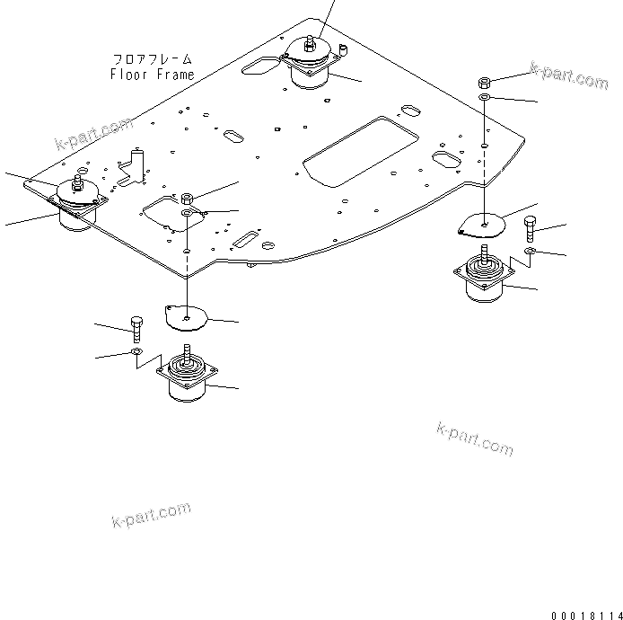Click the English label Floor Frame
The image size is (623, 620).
pos(152,75)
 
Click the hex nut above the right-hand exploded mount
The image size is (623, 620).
pos(484,82)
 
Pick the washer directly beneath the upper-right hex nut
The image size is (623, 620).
pos(484,96)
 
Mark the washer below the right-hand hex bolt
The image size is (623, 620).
pos(531,252)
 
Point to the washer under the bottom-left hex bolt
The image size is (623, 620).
pos(135,354)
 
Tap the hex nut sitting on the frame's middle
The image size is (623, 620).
pos(187,198)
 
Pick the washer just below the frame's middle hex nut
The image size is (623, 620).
pos(188,213)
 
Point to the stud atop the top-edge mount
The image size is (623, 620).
pos(310,40)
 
